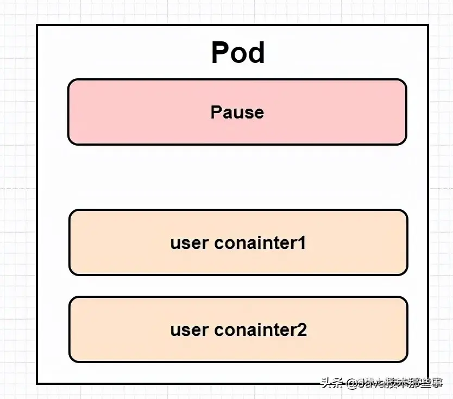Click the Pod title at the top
click(237, 53)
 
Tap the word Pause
click(237, 113)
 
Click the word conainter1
click(260, 243)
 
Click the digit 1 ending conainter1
click(301, 243)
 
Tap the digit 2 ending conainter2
click(302, 329)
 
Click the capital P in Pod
click(221, 53)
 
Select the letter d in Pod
click(256, 53)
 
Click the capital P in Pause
click(216, 113)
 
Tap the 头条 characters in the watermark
click(332, 384)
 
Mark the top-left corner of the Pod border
click(37, 25)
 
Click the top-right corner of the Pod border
click(428, 25)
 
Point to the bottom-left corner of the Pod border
click(37, 383)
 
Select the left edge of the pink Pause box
click(68, 112)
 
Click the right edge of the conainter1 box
click(407, 242)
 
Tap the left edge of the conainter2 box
click(70, 329)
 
